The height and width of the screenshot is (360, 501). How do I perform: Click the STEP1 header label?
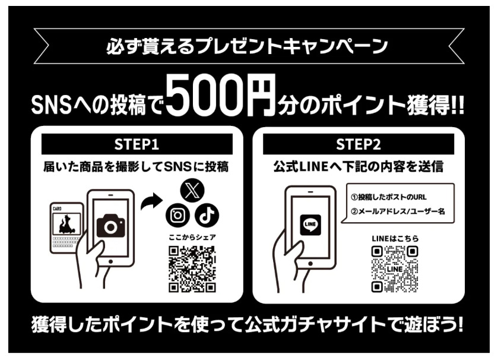137,144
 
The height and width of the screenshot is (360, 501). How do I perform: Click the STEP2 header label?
358,144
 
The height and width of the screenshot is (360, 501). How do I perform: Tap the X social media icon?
192,191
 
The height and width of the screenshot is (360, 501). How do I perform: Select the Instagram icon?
177,215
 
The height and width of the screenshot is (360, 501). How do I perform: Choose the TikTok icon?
207,215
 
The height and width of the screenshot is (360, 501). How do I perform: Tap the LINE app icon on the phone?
310,225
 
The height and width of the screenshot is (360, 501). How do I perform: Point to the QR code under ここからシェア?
192,269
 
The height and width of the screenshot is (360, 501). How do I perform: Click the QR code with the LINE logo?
395,269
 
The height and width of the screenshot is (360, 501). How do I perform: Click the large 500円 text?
221,95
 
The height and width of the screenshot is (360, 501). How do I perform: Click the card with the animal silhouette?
66,228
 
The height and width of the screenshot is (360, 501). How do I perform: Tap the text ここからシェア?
192,237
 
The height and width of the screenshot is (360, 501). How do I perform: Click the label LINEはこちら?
395,238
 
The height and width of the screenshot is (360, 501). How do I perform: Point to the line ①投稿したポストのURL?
389,197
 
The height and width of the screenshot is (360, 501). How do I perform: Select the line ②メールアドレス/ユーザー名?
398,211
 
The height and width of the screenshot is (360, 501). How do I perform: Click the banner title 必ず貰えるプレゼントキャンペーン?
247,46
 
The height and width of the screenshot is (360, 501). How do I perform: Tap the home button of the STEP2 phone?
310,264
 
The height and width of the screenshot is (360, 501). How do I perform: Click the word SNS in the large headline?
51,106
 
